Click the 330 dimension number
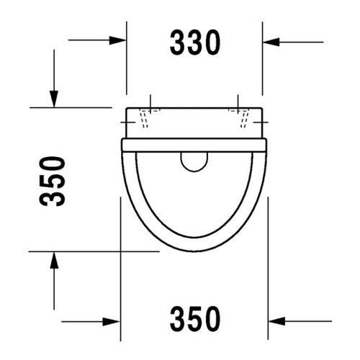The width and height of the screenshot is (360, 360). (195, 42)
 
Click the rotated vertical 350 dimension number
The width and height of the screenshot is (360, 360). (52, 181)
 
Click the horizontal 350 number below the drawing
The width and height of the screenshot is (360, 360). (195, 319)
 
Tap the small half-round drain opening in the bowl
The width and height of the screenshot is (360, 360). (194, 162)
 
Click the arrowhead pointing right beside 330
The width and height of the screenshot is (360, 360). (117, 40)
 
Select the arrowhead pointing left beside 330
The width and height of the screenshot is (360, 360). (271, 42)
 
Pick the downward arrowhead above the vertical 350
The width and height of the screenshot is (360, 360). (54, 99)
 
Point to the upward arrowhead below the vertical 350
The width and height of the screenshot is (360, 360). (54, 260)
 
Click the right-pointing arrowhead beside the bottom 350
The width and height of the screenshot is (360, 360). (111, 321)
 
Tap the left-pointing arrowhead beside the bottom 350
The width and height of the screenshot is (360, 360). (276, 321)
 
